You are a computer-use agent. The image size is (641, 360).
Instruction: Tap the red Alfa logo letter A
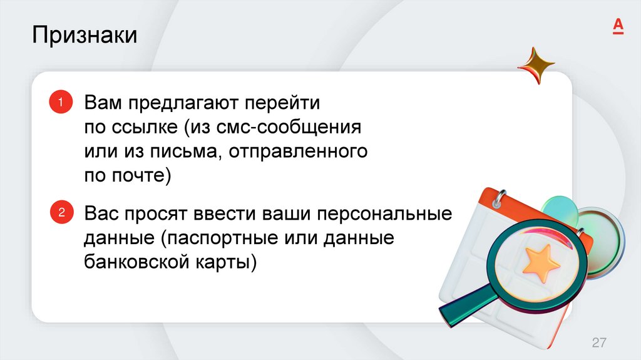click(x=617, y=26)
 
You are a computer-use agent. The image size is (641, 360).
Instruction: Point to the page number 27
click(x=599, y=342)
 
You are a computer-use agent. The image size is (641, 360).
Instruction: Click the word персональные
click(x=384, y=213)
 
